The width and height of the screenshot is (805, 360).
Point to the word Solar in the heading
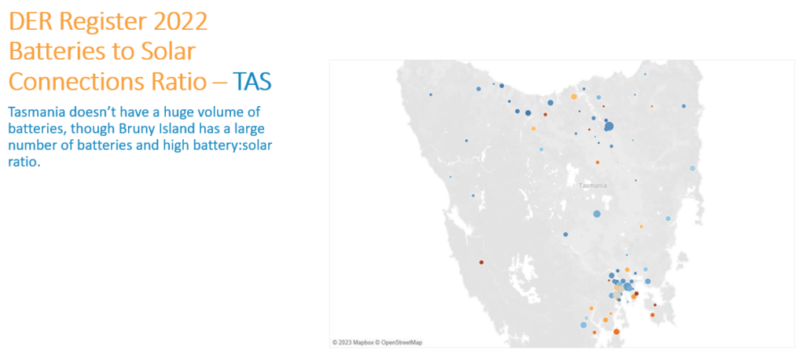[168, 53]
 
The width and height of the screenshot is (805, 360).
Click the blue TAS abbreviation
[252, 82]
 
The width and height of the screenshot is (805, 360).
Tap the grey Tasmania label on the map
[593, 186]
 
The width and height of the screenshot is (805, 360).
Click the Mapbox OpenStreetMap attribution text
[377, 342]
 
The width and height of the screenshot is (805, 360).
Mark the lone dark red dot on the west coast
[482, 262]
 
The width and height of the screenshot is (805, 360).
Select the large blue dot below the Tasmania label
[597, 214]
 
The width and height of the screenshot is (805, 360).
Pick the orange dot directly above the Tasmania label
[597, 162]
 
